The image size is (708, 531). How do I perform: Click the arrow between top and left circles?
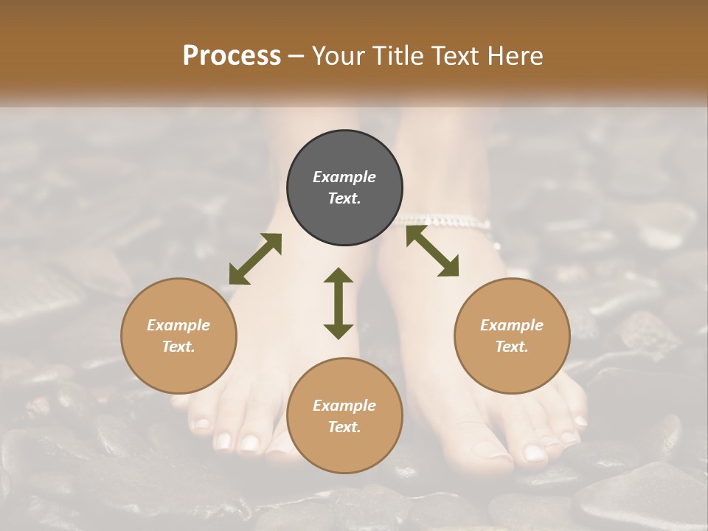click(x=255, y=259)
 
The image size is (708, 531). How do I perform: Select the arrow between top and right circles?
click(x=432, y=251)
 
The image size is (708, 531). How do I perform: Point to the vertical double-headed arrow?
click(x=339, y=303)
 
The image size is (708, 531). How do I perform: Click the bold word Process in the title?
click(x=232, y=55)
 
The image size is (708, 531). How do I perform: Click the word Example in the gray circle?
click(x=344, y=177)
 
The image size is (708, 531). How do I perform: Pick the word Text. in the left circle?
click(x=178, y=347)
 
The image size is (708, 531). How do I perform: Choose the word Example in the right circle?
click(x=512, y=325)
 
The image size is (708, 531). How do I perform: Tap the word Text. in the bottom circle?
click(x=344, y=427)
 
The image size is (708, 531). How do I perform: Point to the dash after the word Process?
click(x=296, y=56)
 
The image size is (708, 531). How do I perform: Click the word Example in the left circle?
click(x=178, y=325)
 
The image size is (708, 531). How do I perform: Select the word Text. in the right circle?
click(x=512, y=347)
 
